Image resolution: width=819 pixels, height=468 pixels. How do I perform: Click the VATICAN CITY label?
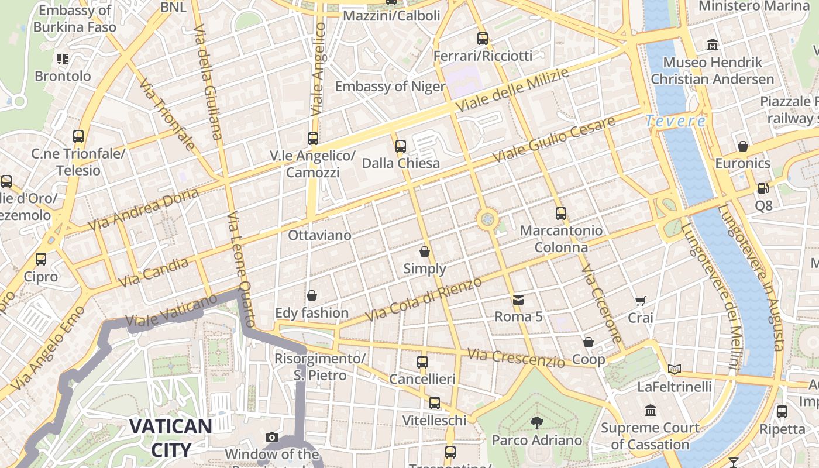pyautogui.click(x=171, y=438)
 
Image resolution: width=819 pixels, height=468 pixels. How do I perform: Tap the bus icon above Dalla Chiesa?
pyautogui.click(x=401, y=146)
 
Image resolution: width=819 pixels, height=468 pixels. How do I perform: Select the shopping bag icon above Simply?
pyautogui.click(x=425, y=252)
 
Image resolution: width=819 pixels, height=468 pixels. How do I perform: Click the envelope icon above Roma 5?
pyautogui.click(x=518, y=301)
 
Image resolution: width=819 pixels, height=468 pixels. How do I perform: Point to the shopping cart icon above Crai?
pyautogui.click(x=641, y=301)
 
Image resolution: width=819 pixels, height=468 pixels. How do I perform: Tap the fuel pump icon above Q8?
pyautogui.click(x=763, y=188)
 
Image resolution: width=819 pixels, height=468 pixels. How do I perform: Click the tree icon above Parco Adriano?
pyautogui.click(x=536, y=423)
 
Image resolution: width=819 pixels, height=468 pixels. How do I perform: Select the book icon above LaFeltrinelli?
pyautogui.click(x=675, y=369)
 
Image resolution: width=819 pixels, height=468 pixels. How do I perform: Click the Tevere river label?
pyautogui.click(x=676, y=121)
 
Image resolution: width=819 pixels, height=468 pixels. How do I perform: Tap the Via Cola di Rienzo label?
pyautogui.click(x=424, y=300)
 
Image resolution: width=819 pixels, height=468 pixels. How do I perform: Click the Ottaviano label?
pyautogui.click(x=319, y=235)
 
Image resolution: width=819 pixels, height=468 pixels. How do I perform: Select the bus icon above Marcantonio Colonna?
pyautogui.click(x=561, y=214)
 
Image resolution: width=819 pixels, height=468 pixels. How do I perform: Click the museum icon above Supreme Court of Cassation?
pyautogui.click(x=651, y=411)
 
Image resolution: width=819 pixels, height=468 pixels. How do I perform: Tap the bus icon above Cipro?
pyautogui.click(x=41, y=259)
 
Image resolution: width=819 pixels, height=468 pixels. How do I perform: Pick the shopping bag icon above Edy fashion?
pyautogui.click(x=312, y=296)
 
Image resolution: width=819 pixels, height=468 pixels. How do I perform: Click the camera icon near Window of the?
pyautogui.click(x=271, y=437)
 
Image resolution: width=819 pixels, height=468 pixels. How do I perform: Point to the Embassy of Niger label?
pyautogui.click(x=390, y=87)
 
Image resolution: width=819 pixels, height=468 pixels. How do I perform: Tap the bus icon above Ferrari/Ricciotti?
pyautogui.click(x=483, y=39)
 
